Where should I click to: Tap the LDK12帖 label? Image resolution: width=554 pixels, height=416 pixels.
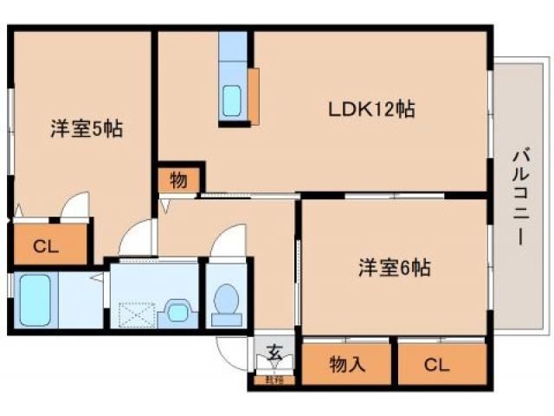[371, 110]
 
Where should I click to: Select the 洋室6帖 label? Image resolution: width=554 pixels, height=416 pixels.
[395, 268]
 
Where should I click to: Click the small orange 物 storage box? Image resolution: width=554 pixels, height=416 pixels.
[178, 180]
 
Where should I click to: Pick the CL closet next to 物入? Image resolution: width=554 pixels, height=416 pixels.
[438, 365]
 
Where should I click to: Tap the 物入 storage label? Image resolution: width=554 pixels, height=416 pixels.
[347, 365]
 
